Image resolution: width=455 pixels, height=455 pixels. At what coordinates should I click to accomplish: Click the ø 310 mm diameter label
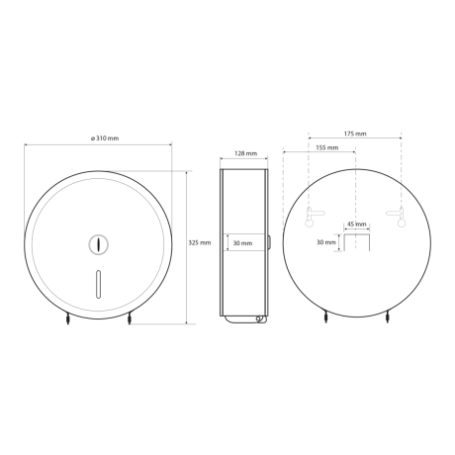point(105,138)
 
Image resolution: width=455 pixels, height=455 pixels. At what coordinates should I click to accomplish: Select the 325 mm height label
point(200,242)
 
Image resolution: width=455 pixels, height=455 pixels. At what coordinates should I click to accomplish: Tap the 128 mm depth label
point(245,153)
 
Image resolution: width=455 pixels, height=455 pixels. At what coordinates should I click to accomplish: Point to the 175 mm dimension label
point(355,134)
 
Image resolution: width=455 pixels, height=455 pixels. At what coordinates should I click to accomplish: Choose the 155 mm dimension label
point(327,147)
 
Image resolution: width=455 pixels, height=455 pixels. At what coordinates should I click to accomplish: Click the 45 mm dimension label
point(357,225)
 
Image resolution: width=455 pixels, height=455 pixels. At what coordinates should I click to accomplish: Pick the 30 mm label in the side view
point(242,243)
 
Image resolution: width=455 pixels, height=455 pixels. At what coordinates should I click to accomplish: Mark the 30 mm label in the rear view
point(326,242)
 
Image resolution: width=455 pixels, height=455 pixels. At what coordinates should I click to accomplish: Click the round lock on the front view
point(99,244)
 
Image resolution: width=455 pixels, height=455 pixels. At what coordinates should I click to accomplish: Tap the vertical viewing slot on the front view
point(98,284)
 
